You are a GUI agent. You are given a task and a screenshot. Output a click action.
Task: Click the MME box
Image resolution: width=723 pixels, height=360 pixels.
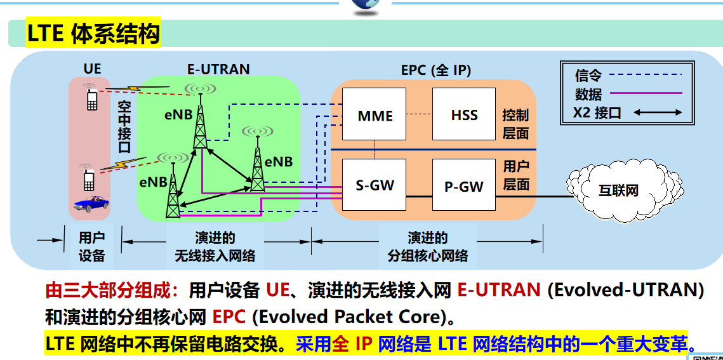[375, 114]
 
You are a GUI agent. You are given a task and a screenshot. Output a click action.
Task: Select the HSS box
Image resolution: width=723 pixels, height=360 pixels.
[464, 114]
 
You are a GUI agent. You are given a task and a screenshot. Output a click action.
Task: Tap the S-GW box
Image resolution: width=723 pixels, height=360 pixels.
[375, 185]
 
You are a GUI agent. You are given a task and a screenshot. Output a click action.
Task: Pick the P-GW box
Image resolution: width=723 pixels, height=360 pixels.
[463, 185]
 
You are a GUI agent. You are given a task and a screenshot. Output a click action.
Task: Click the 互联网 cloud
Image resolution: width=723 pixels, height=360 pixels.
[618, 189]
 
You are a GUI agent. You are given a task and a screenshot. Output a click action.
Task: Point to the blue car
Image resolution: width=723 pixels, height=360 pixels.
[90, 203]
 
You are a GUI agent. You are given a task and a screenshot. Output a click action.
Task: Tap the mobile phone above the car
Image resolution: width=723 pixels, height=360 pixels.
[90, 178]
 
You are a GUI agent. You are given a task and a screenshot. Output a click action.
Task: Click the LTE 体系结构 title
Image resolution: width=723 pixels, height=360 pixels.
[93, 34]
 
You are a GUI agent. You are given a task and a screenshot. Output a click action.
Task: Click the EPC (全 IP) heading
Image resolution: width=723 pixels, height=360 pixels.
[436, 70]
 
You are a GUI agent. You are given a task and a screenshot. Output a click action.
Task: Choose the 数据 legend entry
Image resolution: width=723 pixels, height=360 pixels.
[588, 95]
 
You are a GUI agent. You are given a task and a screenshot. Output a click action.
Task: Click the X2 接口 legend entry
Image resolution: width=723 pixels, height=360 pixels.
[597, 113]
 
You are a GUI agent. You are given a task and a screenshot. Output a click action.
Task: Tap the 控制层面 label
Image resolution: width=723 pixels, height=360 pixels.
[515, 124]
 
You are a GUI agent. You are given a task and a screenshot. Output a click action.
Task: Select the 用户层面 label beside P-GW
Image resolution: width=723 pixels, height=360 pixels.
[515, 175]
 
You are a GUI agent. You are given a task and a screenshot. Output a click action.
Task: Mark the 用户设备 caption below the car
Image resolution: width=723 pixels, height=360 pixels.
[91, 247]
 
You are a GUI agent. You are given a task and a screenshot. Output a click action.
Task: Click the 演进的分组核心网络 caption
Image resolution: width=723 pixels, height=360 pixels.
[428, 247]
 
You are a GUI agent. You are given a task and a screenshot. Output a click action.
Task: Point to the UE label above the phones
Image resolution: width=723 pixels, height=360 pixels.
[92, 69]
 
